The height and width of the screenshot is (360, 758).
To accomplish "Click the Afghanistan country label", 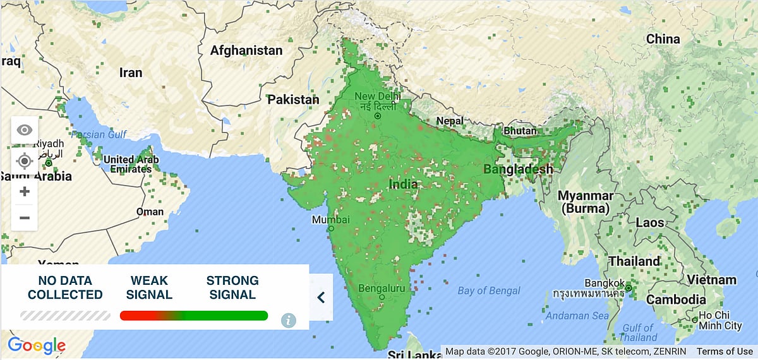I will click(x=246, y=50).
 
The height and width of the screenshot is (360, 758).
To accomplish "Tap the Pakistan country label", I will click(x=293, y=100).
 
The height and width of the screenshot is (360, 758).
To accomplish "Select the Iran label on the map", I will click(x=131, y=73).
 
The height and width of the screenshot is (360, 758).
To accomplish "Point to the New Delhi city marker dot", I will click(x=377, y=116).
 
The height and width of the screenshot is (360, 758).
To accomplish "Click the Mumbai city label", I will click(x=330, y=220).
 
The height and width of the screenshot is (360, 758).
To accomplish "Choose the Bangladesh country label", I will click(x=518, y=169).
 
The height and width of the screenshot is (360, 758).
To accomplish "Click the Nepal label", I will click(x=450, y=121).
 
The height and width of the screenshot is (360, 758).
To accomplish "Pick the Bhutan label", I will click(x=508, y=131).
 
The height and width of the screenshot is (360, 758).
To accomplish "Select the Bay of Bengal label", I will click(x=489, y=291).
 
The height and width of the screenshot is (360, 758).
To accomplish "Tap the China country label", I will click(x=663, y=39).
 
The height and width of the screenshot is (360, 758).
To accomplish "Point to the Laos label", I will click(x=650, y=222).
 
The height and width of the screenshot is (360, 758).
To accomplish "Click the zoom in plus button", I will click(x=25, y=191).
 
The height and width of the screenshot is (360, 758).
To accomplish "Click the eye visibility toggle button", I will click(x=25, y=130).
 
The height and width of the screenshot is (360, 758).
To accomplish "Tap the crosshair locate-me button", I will click(x=25, y=161).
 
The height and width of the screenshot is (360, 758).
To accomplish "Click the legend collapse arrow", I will click(x=321, y=297).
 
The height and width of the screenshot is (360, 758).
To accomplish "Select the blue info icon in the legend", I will click(x=289, y=320).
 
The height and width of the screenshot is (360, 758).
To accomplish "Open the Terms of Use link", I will click(x=725, y=351).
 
